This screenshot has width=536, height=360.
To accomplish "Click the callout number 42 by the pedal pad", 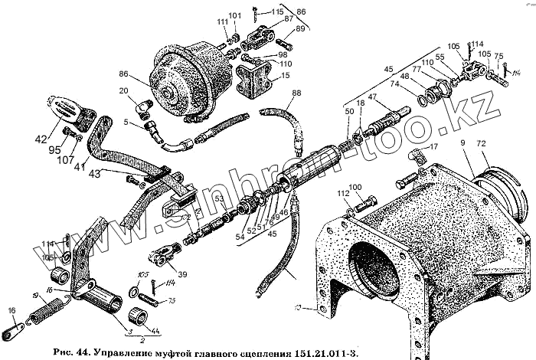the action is point(40,139).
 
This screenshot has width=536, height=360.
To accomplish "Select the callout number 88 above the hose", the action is point(296,93).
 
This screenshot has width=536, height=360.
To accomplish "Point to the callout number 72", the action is point(481,144).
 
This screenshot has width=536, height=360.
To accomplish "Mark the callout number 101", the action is point(234,15).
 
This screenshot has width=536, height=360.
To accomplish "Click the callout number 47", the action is point(373,97).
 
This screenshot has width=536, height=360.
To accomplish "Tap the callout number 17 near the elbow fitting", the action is point(433,146).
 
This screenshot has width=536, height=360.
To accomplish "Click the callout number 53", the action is point(218,201).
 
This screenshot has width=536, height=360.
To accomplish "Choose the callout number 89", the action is point(299,29).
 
